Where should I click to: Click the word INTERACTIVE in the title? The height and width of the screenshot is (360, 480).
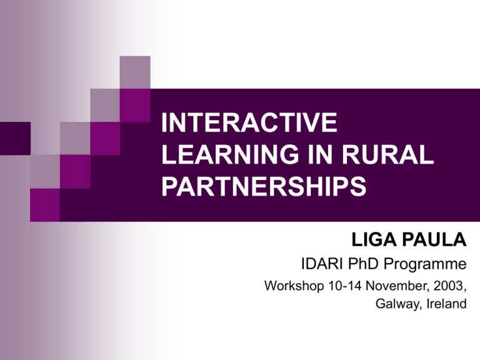tap(249, 122)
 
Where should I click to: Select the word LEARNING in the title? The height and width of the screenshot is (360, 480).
tap(230, 154)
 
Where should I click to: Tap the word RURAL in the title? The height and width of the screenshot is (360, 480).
tap(387, 154)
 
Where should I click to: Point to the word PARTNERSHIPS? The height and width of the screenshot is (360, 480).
tap(264, 186)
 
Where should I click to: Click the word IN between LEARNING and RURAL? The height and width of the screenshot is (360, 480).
tap(320, 154)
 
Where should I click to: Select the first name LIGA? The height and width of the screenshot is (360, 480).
tap(374, 240)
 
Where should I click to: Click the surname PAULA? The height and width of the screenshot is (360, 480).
tap(434, 240)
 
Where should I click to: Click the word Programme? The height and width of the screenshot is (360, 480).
tap(425, 265)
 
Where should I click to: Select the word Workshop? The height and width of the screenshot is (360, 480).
tap(294, 286)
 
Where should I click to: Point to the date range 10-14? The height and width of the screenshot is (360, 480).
tap(345, 286)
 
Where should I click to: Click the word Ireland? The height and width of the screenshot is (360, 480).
tap(447, 303)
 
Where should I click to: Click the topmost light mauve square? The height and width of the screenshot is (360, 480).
tap(135, 72)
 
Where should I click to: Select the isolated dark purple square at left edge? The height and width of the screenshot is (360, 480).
tap(15, 138)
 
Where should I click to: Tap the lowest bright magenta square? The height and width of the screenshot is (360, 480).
tap(45, 205)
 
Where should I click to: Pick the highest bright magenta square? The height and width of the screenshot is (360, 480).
tap(135, 106)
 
